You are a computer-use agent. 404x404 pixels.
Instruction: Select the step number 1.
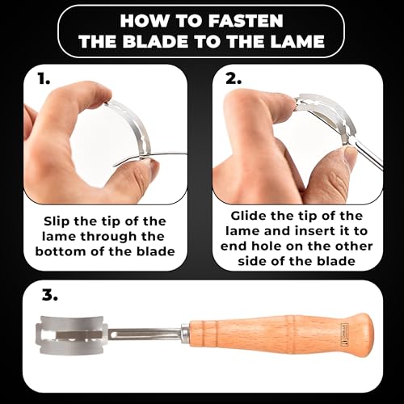point(44,78)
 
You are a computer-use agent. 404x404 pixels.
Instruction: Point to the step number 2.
point(234,78)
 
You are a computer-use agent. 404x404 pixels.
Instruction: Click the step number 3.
point(50,296)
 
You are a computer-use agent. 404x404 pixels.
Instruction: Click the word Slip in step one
point(57,222)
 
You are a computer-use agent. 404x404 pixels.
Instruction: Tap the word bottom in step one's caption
point(61,251)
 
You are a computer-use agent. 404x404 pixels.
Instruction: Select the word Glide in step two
point(249,216)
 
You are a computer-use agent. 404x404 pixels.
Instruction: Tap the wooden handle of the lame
point(281,335)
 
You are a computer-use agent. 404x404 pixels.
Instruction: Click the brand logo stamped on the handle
point(344,335)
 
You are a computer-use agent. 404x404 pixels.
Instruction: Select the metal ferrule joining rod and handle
point(185,335)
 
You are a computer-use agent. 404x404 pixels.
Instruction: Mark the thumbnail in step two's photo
point(351,156)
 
